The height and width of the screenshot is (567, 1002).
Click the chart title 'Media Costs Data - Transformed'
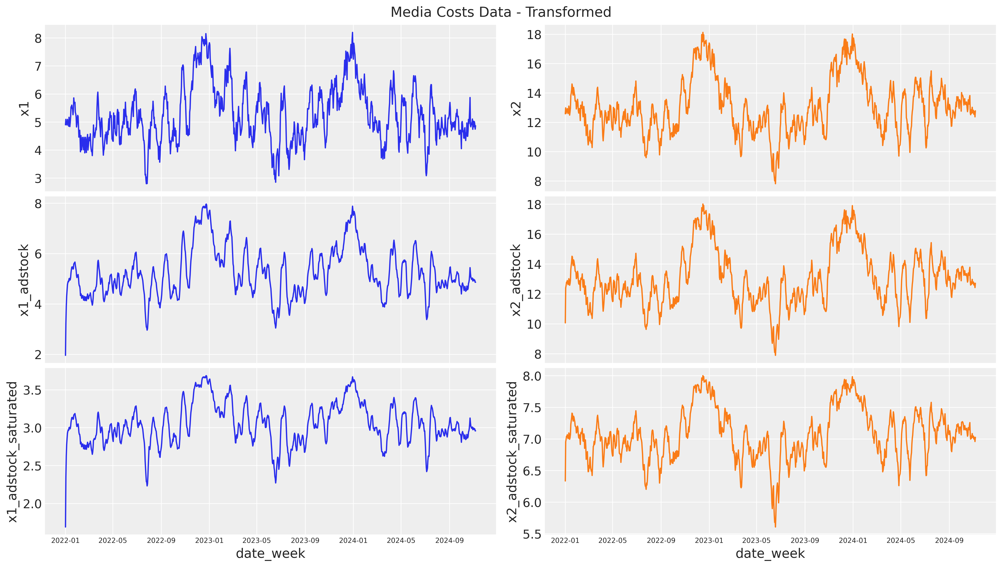point(501,12)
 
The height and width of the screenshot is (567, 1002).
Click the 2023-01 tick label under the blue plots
point(209,541)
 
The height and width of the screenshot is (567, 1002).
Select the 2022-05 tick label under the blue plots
point(113,541)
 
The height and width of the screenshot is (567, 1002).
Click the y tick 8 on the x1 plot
point(38,38)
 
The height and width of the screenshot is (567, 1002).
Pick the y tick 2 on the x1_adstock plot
point(38,355)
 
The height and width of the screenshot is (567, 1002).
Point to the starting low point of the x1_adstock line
point(65,355)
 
